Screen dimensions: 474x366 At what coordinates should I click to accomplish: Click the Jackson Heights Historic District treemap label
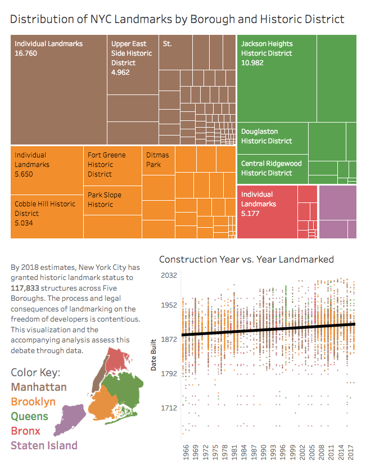click(266, 48)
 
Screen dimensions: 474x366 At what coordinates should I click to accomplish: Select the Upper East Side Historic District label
click(132, 53)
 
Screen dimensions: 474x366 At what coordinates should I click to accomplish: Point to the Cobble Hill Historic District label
click(44, 209)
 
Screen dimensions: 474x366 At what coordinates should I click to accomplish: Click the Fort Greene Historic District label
click(107, 164)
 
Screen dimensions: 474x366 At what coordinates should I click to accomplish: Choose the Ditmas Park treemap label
click(157, 160)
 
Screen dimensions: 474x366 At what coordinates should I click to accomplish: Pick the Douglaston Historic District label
click(266, 136)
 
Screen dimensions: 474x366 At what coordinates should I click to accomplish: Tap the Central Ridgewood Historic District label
click(272, 168)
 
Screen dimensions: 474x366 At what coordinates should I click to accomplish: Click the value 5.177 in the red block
click(252, 214)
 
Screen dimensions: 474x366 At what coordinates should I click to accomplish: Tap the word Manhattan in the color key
click(39, 387)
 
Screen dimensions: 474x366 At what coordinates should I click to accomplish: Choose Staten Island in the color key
click(44, 445)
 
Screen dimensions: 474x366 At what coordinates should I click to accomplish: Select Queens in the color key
click(29, 417)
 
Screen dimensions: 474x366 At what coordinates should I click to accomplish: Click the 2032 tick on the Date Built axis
click(169, 276)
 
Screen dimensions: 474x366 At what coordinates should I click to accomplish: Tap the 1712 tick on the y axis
click(169, 407)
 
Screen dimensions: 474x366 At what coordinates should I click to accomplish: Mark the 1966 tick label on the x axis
click(186, 453)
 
